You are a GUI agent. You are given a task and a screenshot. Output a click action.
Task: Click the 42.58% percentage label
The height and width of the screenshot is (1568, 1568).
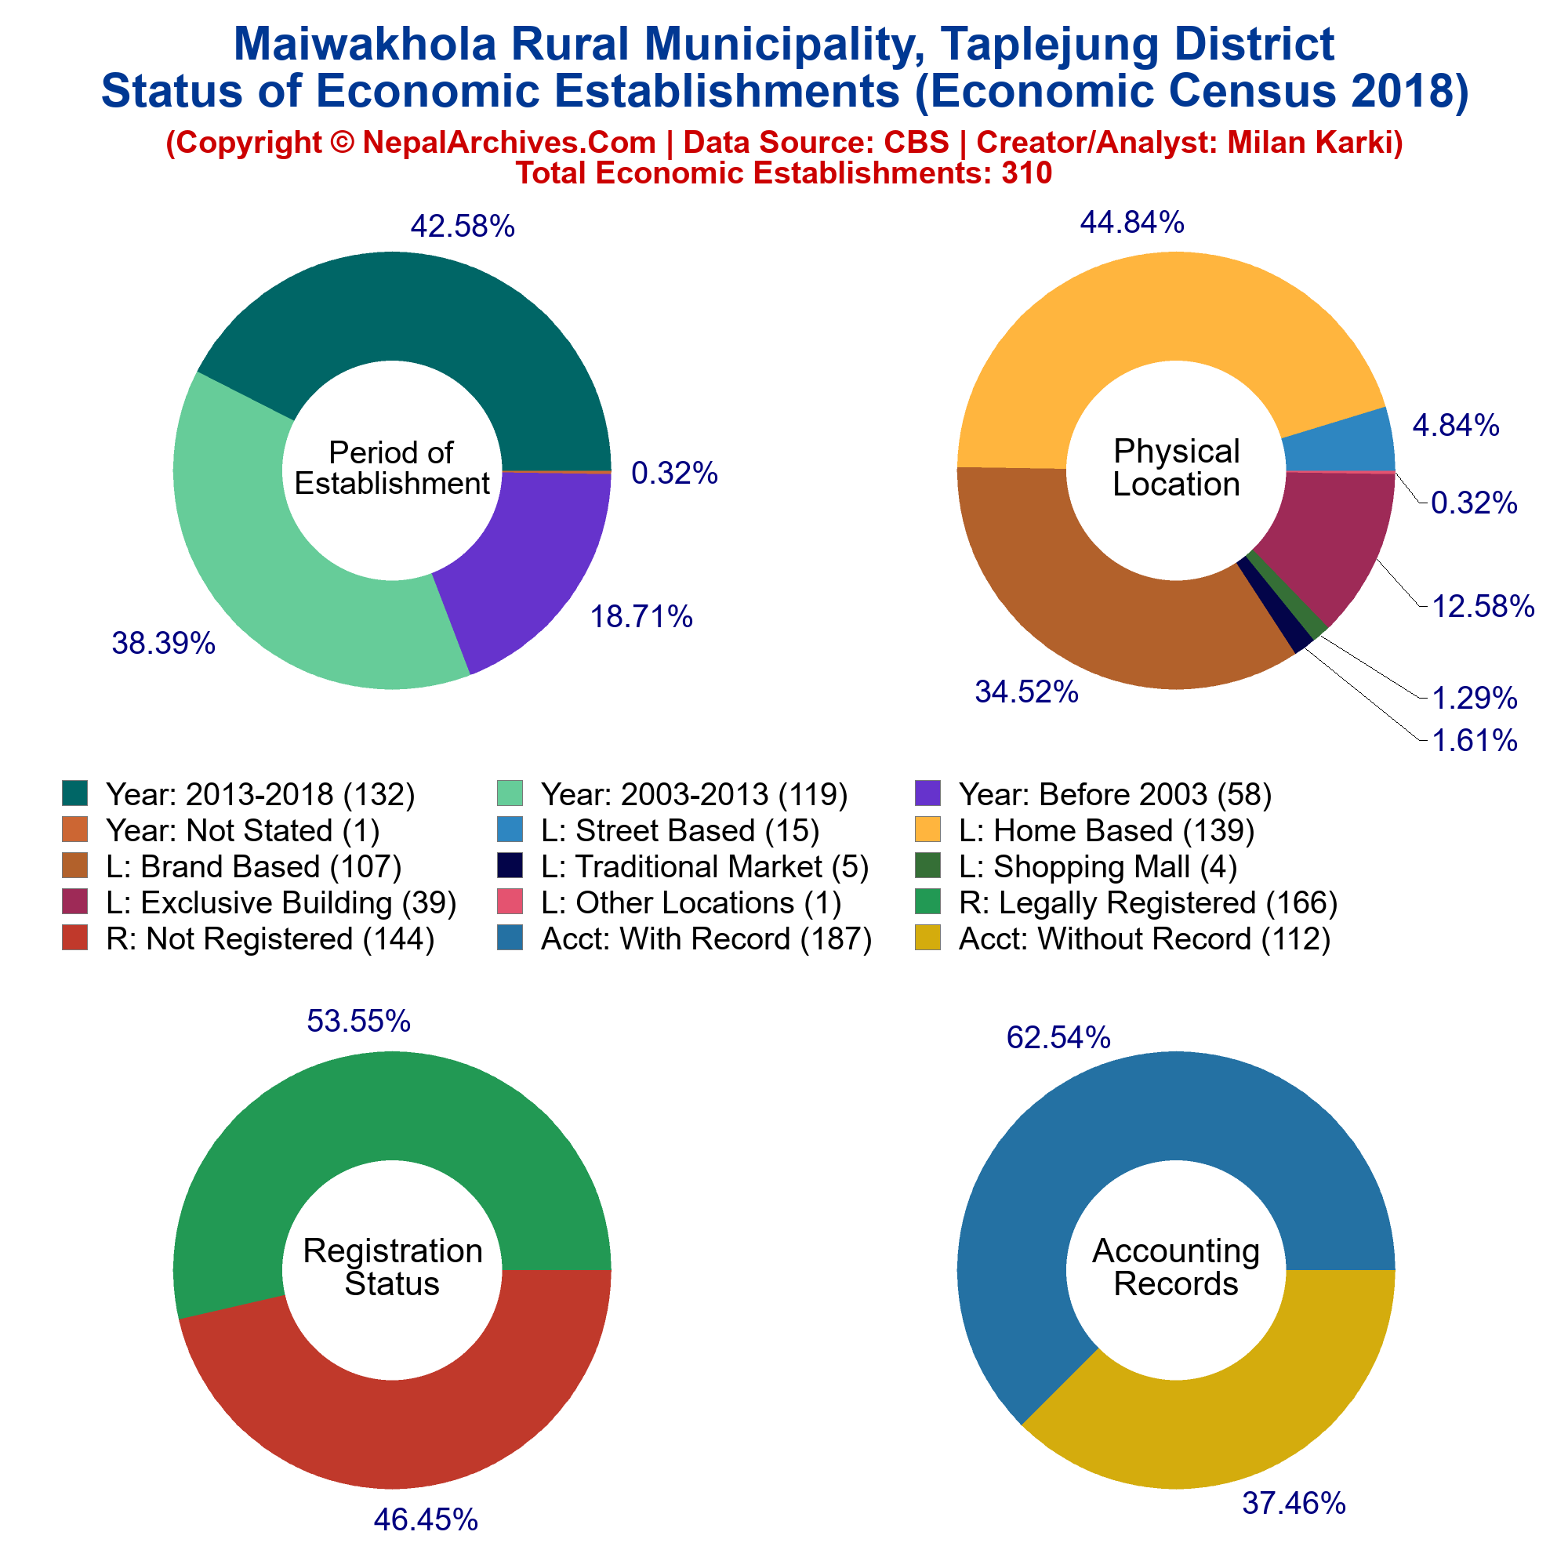(x=463, y=227)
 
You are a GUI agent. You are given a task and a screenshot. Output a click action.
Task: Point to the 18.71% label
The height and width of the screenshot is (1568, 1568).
(x=641, y=617)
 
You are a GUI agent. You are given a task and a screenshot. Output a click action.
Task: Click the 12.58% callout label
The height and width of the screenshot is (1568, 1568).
(x=1483, y=605)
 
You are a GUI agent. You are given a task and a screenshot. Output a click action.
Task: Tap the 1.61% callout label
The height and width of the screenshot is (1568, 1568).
(x=1474, y=740)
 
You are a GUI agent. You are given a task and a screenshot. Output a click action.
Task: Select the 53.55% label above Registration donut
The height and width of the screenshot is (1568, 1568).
(x=359, y=1021)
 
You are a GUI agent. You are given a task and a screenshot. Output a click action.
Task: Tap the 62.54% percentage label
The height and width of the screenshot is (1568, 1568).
(x=1058, y=1037)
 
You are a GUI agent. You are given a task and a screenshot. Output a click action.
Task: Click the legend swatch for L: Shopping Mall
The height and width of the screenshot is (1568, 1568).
(x=927, y=867)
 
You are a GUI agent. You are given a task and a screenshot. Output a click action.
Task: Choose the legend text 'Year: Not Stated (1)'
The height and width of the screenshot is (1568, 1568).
(x=243, y=831)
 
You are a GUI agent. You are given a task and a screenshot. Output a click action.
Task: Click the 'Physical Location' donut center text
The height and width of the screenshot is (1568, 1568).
(x=1176, y=468)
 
